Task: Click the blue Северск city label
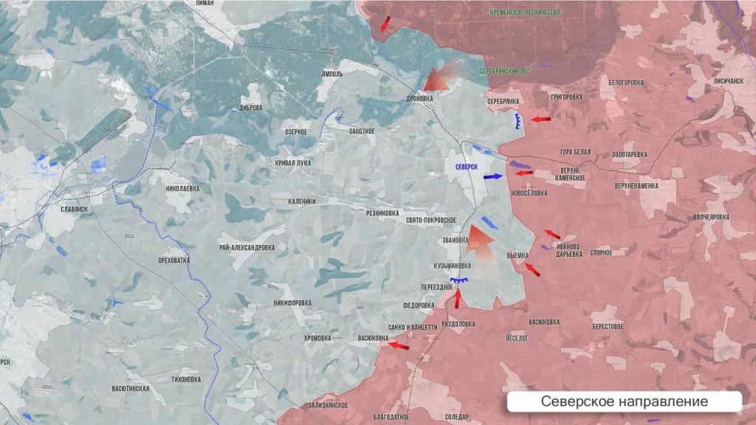click(467, 167)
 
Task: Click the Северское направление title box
click(624, 401)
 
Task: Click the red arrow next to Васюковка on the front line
click(399, 345)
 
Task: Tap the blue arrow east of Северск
click(493, 177)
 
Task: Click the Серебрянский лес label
click(505, 70)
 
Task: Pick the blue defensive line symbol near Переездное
click(460, 280)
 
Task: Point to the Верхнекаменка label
click(636, 186)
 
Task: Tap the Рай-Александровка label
click(247, 248)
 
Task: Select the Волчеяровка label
click(711, 217)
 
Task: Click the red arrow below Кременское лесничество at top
click(385, 24)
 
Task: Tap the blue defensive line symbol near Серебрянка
click(520, 121)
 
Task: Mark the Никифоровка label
click(292, 303)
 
